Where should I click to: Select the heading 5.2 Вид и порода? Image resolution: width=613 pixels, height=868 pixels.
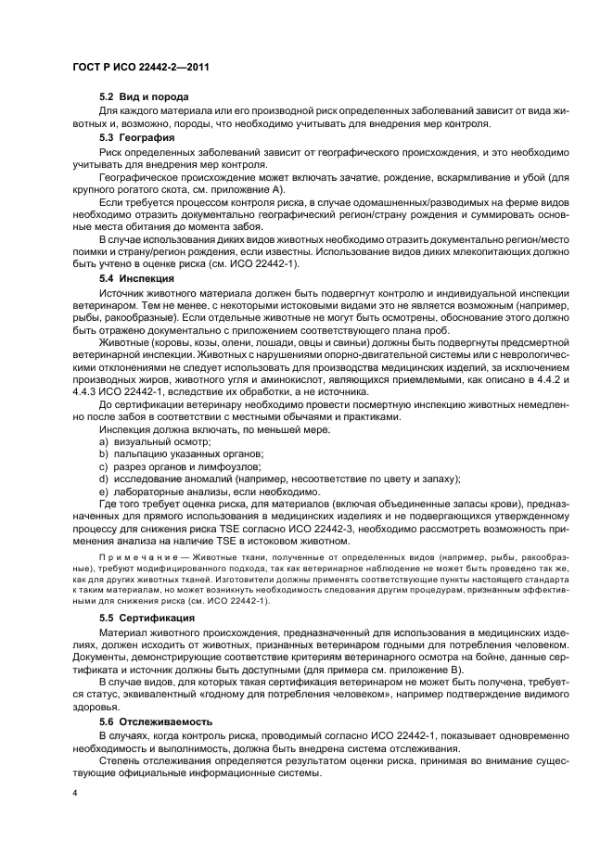(144, 97)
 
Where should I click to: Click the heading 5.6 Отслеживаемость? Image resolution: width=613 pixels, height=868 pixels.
(157, 721)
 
